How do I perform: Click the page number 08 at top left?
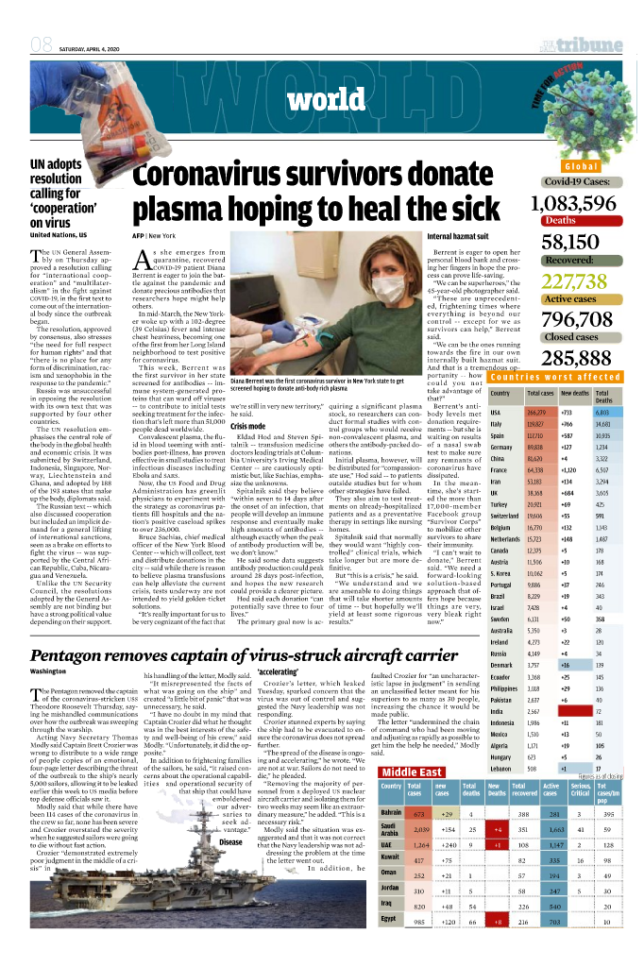[x=41, y=44]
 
